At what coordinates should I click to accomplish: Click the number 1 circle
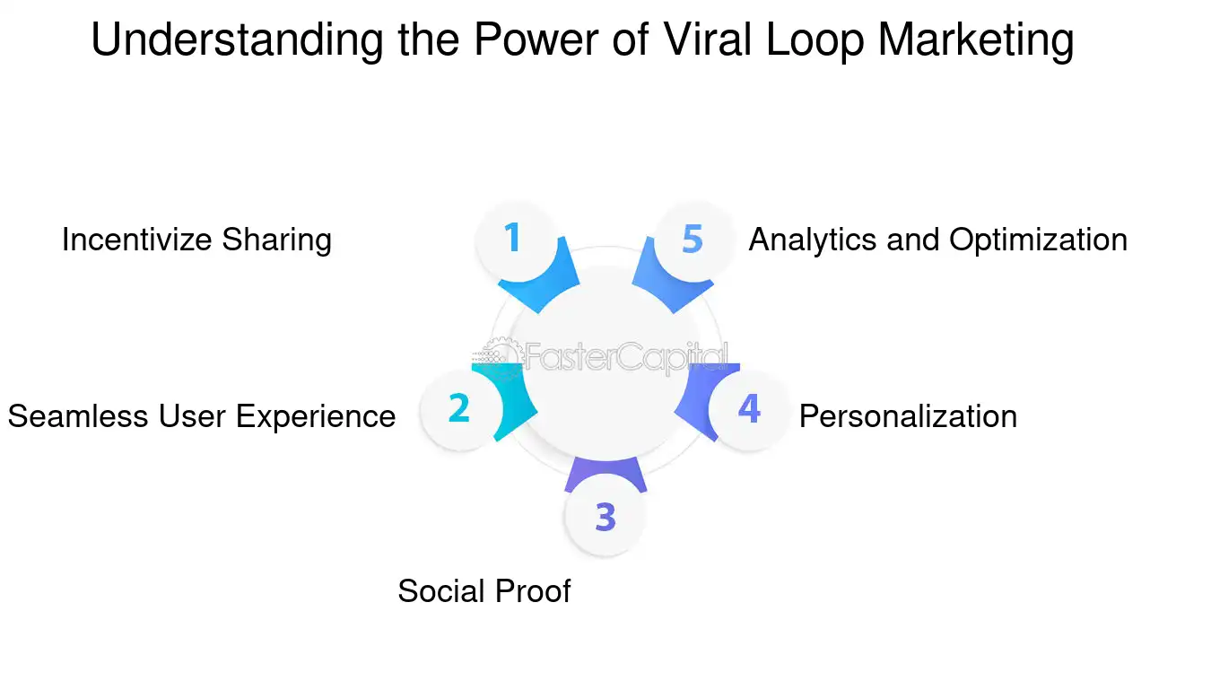tap(512, 239)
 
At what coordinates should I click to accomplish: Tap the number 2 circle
tap(458, 408)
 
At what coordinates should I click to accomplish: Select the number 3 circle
tap(605, 517)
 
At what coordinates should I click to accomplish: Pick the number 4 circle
tap(748, 409)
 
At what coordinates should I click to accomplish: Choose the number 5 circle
tap(692, 239)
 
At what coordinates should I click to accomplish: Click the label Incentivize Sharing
tap(196, 240)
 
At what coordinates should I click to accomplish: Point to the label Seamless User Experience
tap(202, 416)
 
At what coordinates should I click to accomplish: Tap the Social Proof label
tap(484, 590)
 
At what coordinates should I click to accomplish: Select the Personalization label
tap(908, 416)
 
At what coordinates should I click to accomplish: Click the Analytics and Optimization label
tap(937, 240)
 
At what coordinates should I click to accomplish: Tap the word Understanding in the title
tap(239, 40)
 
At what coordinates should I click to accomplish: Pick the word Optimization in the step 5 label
tap(1038, 240)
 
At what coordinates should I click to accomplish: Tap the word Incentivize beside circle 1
tap(137, 240)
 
